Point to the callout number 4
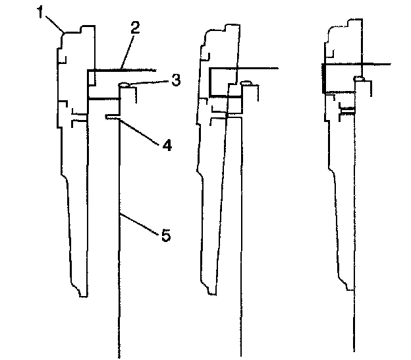tap(167, 144)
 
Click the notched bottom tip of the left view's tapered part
tap(82, 292)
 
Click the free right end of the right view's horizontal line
tap(391, 64)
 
